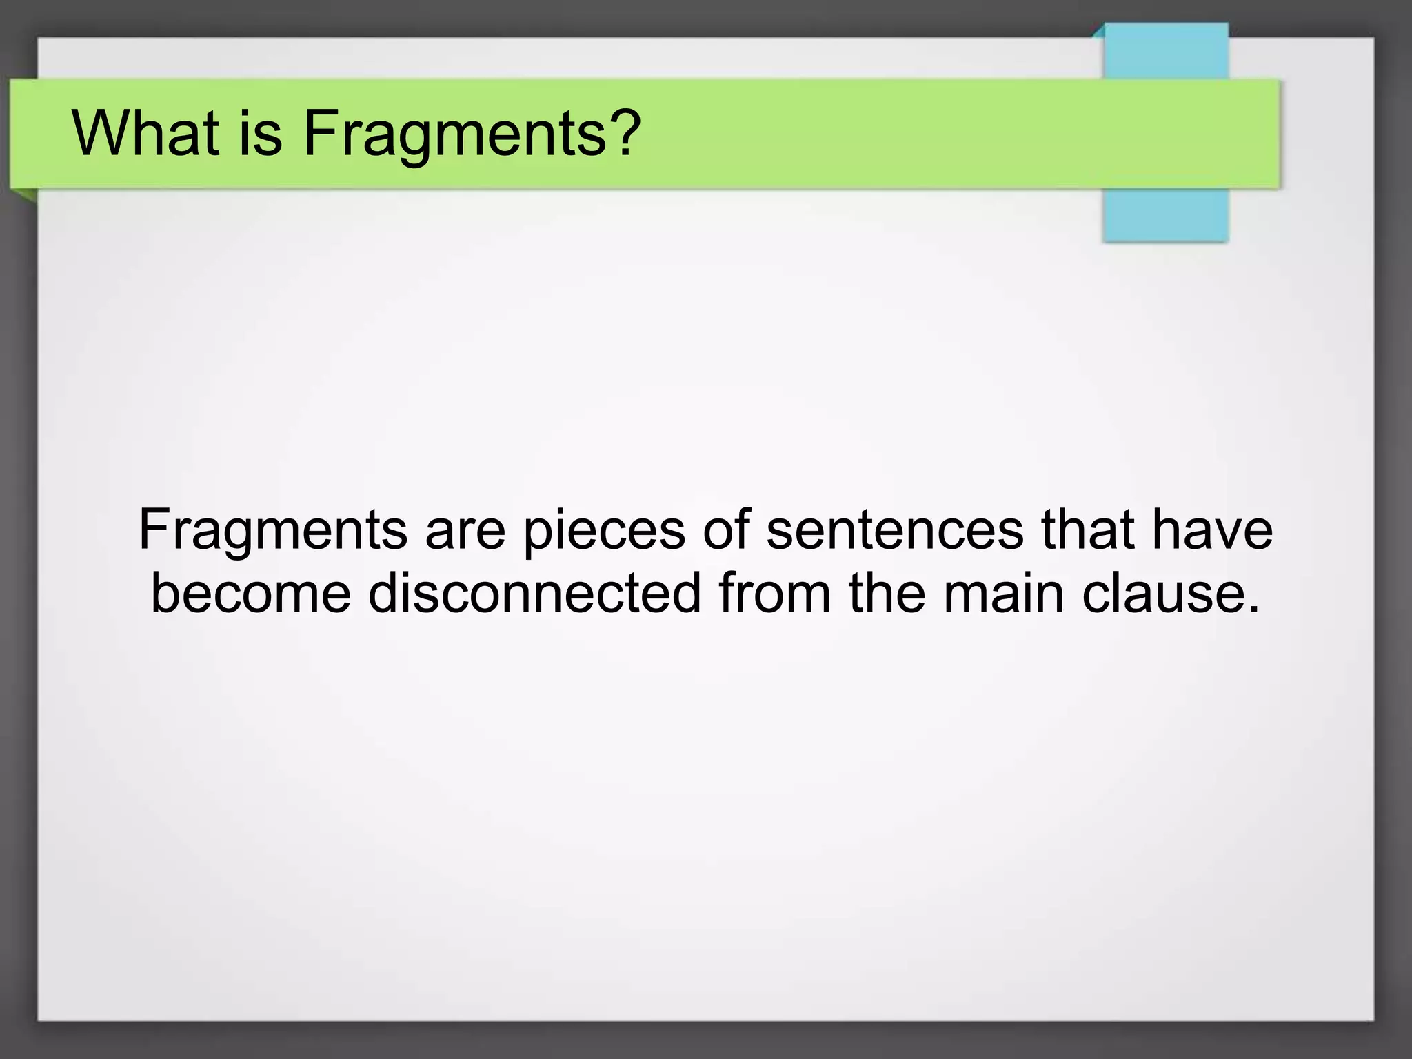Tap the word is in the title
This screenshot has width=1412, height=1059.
pyautogui.click(x=261, y=133)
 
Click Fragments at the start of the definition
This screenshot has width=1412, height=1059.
pyautogui.click(x=273, y=531)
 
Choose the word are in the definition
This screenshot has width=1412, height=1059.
pyautogui.click(x=465, y=531)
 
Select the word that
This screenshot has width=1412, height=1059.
pyautogui.click(x=1085, y=531)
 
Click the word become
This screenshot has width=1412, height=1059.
pyautogui.click(x=251, y=594)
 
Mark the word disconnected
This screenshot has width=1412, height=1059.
pyautogui.click(x=534, y=594)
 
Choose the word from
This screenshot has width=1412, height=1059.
pyautogui.click(x=774, y=594)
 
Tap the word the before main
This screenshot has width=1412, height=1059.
pyautogui.click(x=887, y=594)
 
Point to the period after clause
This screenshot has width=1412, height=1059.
pyautogui.click(x=1253, y=609)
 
